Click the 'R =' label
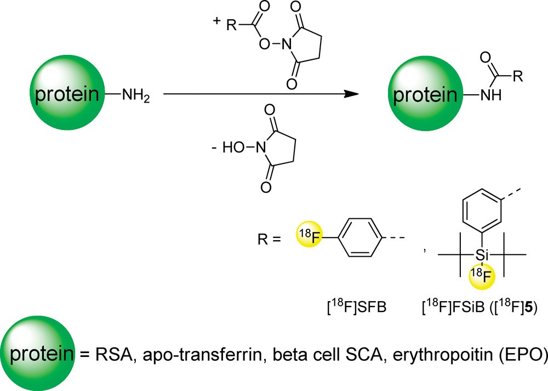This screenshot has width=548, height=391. (x=269, y=239)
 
